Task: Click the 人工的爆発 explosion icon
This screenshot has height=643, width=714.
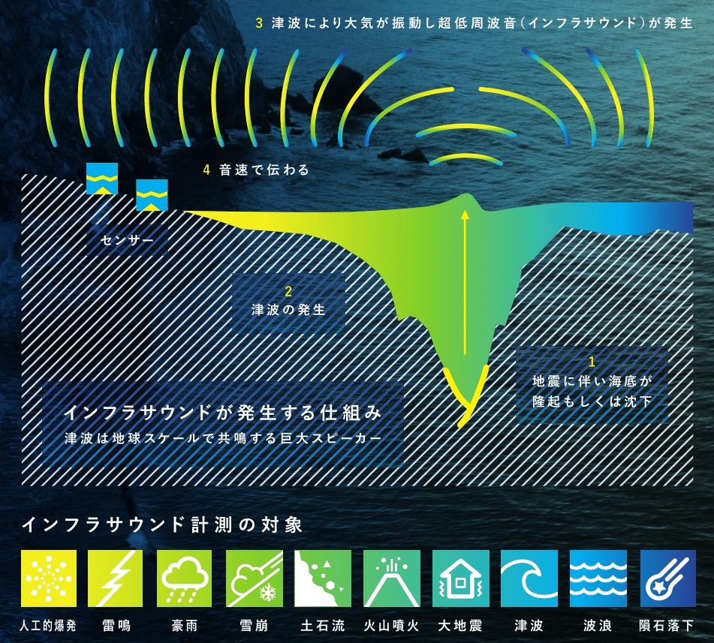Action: [49, 578]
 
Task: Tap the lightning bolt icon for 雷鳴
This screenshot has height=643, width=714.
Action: [115, 578]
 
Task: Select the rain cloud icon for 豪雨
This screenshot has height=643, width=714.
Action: [185, 578]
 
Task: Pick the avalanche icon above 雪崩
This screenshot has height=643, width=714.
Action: [254, 578]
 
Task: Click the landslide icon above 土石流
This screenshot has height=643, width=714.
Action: [323, 578]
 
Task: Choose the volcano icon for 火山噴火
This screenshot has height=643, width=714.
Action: [392, 578]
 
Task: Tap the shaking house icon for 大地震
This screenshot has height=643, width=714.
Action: [460, 578]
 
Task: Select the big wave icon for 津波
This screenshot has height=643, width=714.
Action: [529, 578]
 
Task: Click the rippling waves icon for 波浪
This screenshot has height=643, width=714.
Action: [598, 578]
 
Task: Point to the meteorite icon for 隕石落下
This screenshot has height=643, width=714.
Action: [668, 578]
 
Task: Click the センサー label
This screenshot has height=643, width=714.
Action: [127, 240]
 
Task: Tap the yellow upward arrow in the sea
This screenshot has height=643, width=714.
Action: [465, 282]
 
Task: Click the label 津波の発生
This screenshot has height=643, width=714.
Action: [289, 310]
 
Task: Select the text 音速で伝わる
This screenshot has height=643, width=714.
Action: [264, 170]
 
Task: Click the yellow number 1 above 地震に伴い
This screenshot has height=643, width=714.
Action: [592, 362]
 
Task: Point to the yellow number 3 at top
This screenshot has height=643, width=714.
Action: [259, 23]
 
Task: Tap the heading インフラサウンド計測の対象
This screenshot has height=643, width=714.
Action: [162, 524]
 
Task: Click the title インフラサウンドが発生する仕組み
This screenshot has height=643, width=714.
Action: [223, 413]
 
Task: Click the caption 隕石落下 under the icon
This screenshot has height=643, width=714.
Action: [666, 626]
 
